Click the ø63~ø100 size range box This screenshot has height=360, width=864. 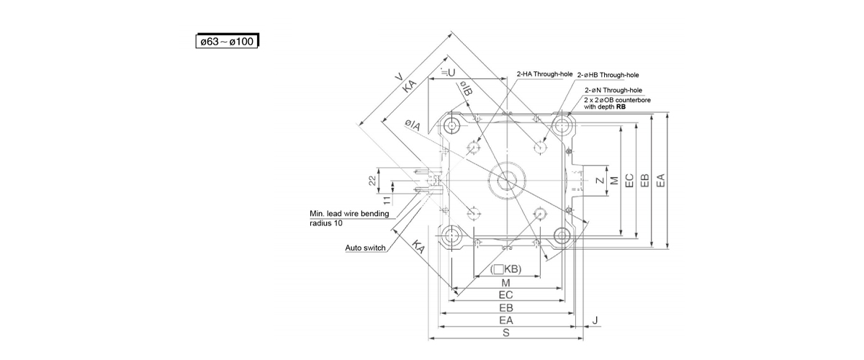(227, 41)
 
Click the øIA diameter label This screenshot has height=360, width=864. (412, 126)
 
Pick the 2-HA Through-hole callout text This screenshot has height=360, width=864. (544, 74)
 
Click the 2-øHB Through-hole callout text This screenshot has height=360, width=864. (608, 74)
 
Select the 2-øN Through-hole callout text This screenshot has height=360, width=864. (613, 90)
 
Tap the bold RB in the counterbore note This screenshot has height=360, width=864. (621, 106)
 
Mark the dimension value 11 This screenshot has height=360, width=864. (386, 201)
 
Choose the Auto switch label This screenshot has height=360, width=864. (366, 248)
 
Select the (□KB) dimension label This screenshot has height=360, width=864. (505, 269)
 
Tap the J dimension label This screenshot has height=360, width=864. (597, 319)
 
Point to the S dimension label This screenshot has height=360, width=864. (506, 333)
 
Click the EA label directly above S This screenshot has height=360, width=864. (505, 320)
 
